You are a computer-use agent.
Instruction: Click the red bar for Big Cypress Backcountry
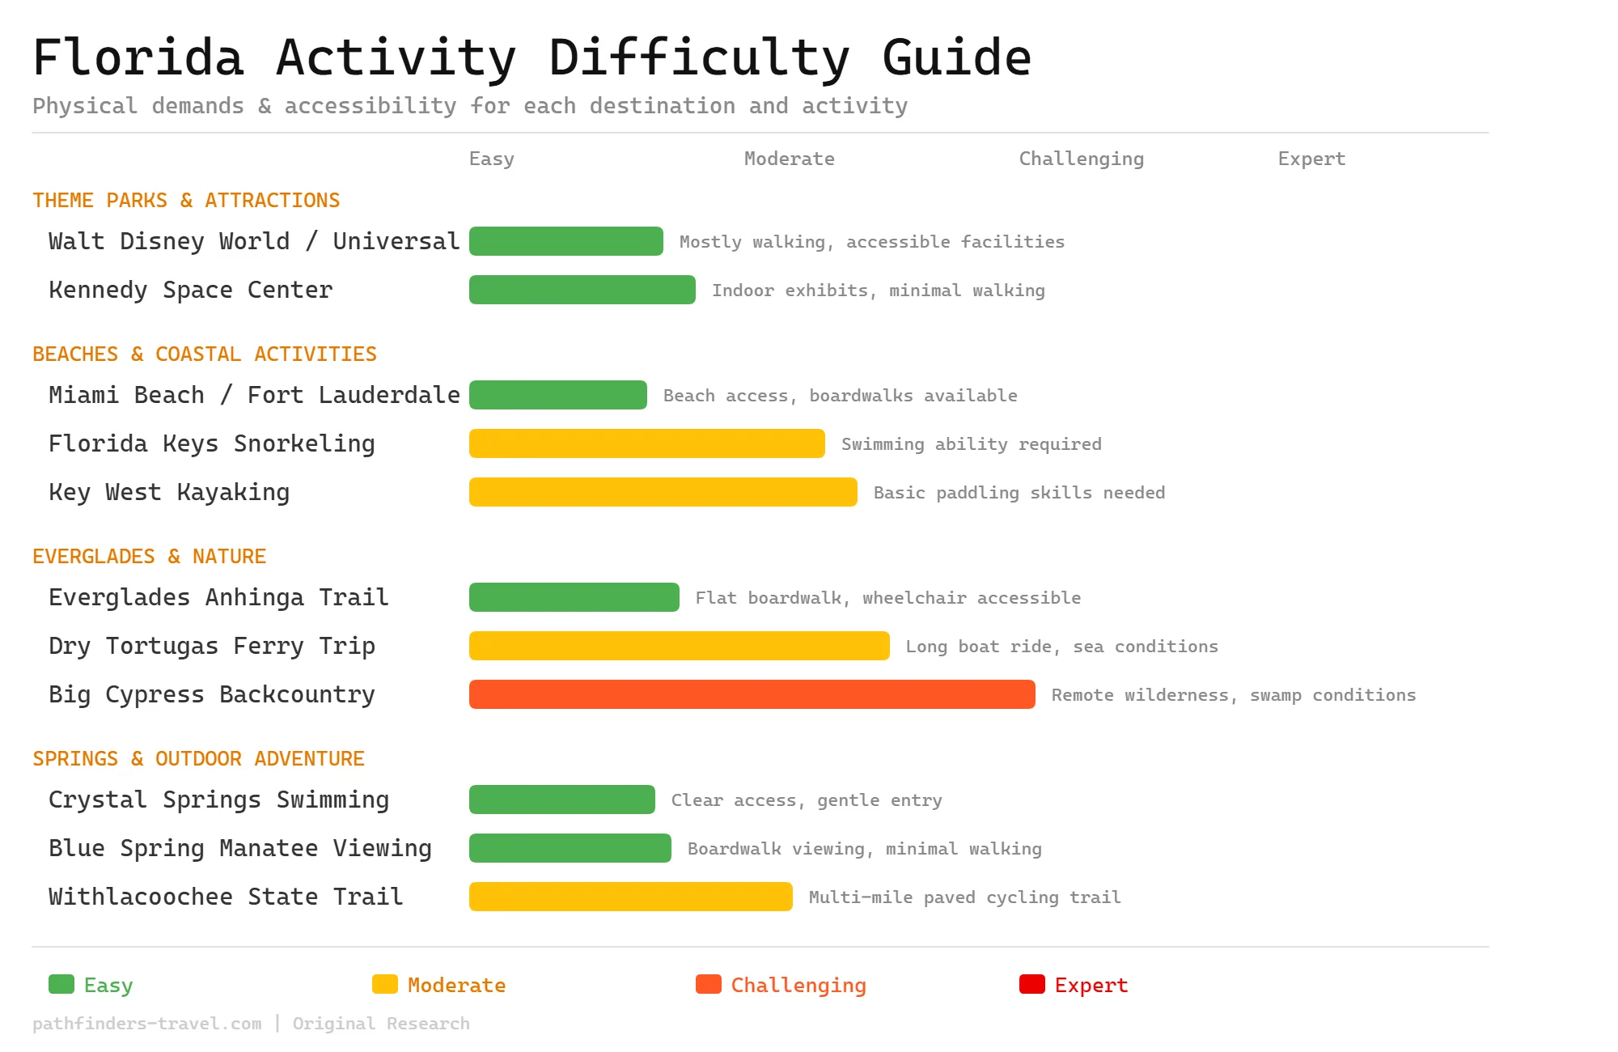(x=752, y=694)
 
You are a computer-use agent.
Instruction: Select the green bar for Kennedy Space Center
(x=582, y=290)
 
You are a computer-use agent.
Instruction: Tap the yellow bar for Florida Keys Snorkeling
(x=646, y=443)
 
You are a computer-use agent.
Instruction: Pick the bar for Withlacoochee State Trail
(x=630, y=897)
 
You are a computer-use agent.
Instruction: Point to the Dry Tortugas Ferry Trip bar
(x=679, y=646)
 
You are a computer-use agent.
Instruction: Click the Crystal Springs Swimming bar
(x=561, y=800)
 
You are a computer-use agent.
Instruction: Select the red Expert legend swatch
(x=1031, y=984)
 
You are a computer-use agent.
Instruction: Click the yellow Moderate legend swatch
(x=384, y=984)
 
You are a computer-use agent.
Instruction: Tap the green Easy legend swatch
(x=61, y=984)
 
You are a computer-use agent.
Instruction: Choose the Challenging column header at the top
(x=1081, y=159)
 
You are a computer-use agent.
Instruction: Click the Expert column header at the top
(x=1311, y=159)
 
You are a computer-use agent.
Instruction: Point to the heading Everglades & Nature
(x=149, y=557)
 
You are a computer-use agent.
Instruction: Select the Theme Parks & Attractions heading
(x=186, y=201)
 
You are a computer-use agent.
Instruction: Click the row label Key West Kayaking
(x=169, y=492)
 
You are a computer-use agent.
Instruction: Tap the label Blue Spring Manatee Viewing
(x=240, y=848)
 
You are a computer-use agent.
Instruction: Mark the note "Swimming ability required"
(x=971, y=444)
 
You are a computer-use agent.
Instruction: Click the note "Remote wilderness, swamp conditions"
(x=1233, y=695)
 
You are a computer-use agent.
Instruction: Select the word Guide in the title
(x=956, y=58)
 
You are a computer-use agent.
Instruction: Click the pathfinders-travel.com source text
(x=147, y=1024)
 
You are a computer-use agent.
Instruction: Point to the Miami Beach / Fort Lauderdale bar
(x=557, y=395)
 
